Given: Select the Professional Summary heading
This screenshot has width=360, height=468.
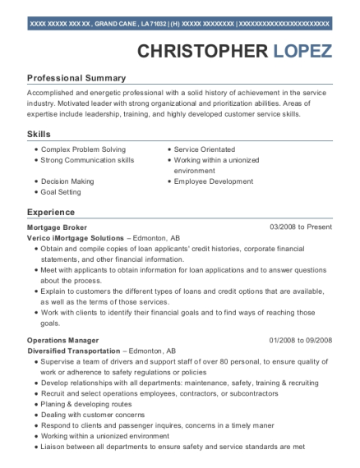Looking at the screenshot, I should [76, 78].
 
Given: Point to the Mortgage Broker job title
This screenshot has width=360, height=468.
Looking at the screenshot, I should [57, 226].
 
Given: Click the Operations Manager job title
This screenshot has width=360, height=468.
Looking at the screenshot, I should [63, 340].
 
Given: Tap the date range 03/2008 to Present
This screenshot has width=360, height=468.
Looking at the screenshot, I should [302, 226].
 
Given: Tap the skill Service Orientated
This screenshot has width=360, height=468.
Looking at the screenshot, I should [205, 149].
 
